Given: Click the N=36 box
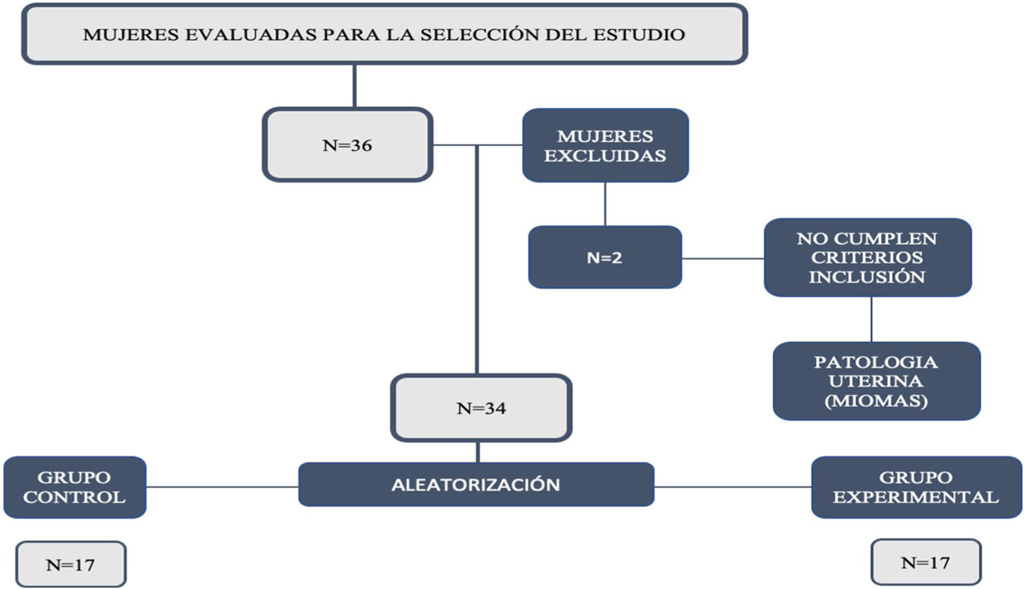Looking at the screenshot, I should point(347,145).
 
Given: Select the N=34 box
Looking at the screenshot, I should point(481,408).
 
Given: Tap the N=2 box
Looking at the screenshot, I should point(605,257).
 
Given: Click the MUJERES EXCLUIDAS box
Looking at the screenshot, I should point(605,145).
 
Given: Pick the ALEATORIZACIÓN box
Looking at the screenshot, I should point(476,485).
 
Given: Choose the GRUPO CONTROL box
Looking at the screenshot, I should point(74,487).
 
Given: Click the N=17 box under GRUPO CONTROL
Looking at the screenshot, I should point(71,565).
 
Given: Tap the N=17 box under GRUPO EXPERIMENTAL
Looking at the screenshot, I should point(926,562).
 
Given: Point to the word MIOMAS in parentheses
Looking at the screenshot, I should point(876,401).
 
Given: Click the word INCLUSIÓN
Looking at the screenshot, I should point(867,277).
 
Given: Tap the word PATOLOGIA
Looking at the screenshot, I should point(876,362).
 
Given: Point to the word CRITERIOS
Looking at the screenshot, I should point(867,257).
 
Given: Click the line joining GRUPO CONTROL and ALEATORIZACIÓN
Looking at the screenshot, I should point(222,487).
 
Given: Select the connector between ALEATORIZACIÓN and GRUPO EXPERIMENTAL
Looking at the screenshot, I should point(733,487).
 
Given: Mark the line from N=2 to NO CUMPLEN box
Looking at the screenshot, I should point(723,258).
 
